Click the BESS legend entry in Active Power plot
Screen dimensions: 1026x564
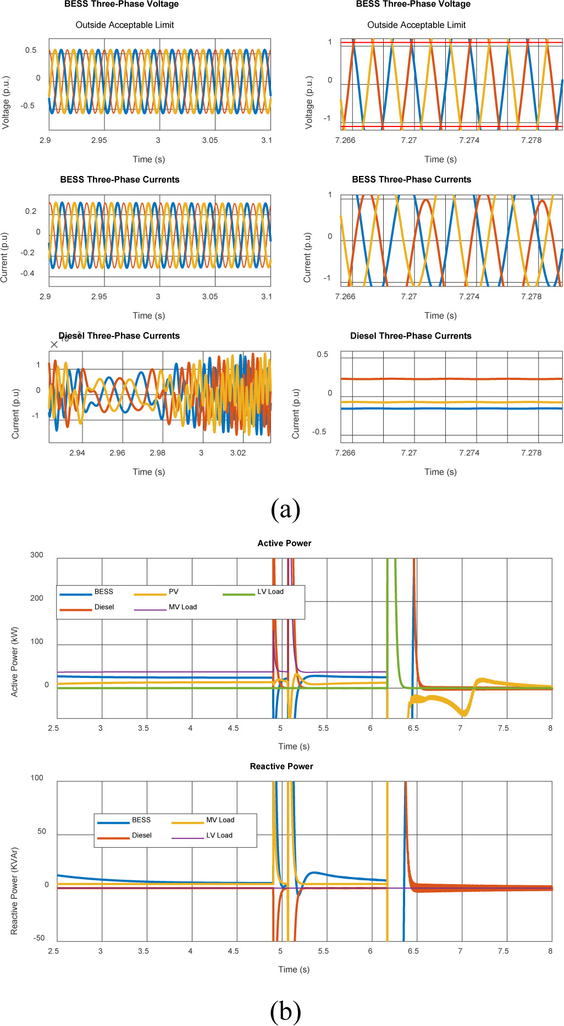(x=103, y=592)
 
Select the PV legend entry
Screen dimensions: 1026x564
(x=173, y=592)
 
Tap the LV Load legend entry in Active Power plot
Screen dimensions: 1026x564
(x=270, y=592)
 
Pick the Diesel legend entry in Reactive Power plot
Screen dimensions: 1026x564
(x=141, y=835)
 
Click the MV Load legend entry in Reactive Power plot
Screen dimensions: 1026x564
(x=220, y=820)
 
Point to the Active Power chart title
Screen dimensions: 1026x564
(x=284, y=543)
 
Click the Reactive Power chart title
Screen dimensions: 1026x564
(x=281, y=766)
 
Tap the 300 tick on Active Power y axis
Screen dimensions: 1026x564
(x=37, y=555)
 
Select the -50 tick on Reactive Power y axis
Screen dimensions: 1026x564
(x=39, y=938)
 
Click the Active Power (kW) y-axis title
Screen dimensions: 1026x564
(x=15, y=662)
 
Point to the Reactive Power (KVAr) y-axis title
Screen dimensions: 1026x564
(x=15, y=891)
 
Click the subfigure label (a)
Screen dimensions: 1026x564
(x=285, y=509)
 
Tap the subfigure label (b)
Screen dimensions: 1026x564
(x=285, y=1011)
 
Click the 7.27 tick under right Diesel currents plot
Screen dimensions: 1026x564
(x=409, y=453)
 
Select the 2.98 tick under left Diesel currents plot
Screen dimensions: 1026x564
(x=157, y=453)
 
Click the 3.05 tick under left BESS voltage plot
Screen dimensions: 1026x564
(x=210, y=141)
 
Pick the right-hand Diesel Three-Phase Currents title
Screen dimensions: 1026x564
(x=411, y=336)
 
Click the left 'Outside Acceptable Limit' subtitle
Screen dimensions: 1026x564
(x=125, y=25)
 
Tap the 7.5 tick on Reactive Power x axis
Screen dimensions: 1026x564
(x=503, y=951)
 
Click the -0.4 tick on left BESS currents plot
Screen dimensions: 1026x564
(x=27, y=273)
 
